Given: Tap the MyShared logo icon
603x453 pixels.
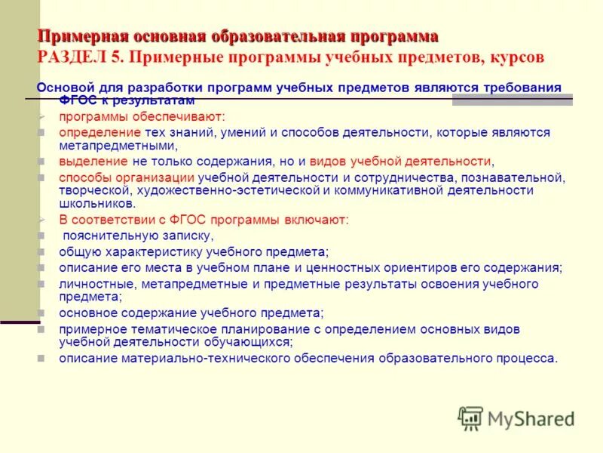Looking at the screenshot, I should [x=470, y=418].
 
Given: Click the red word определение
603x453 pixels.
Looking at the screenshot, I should [x=91, y=133].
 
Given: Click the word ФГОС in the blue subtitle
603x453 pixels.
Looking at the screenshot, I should [x=75, y=100].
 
